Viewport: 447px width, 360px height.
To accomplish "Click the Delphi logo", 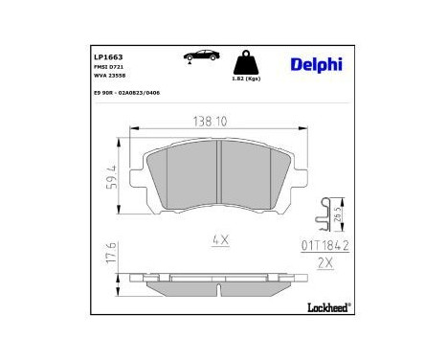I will click(x=312, y=63).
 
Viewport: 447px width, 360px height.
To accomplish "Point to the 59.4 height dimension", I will click(x=113, y=177).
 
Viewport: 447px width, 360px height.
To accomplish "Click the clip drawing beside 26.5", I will click(x=328, y=214).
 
